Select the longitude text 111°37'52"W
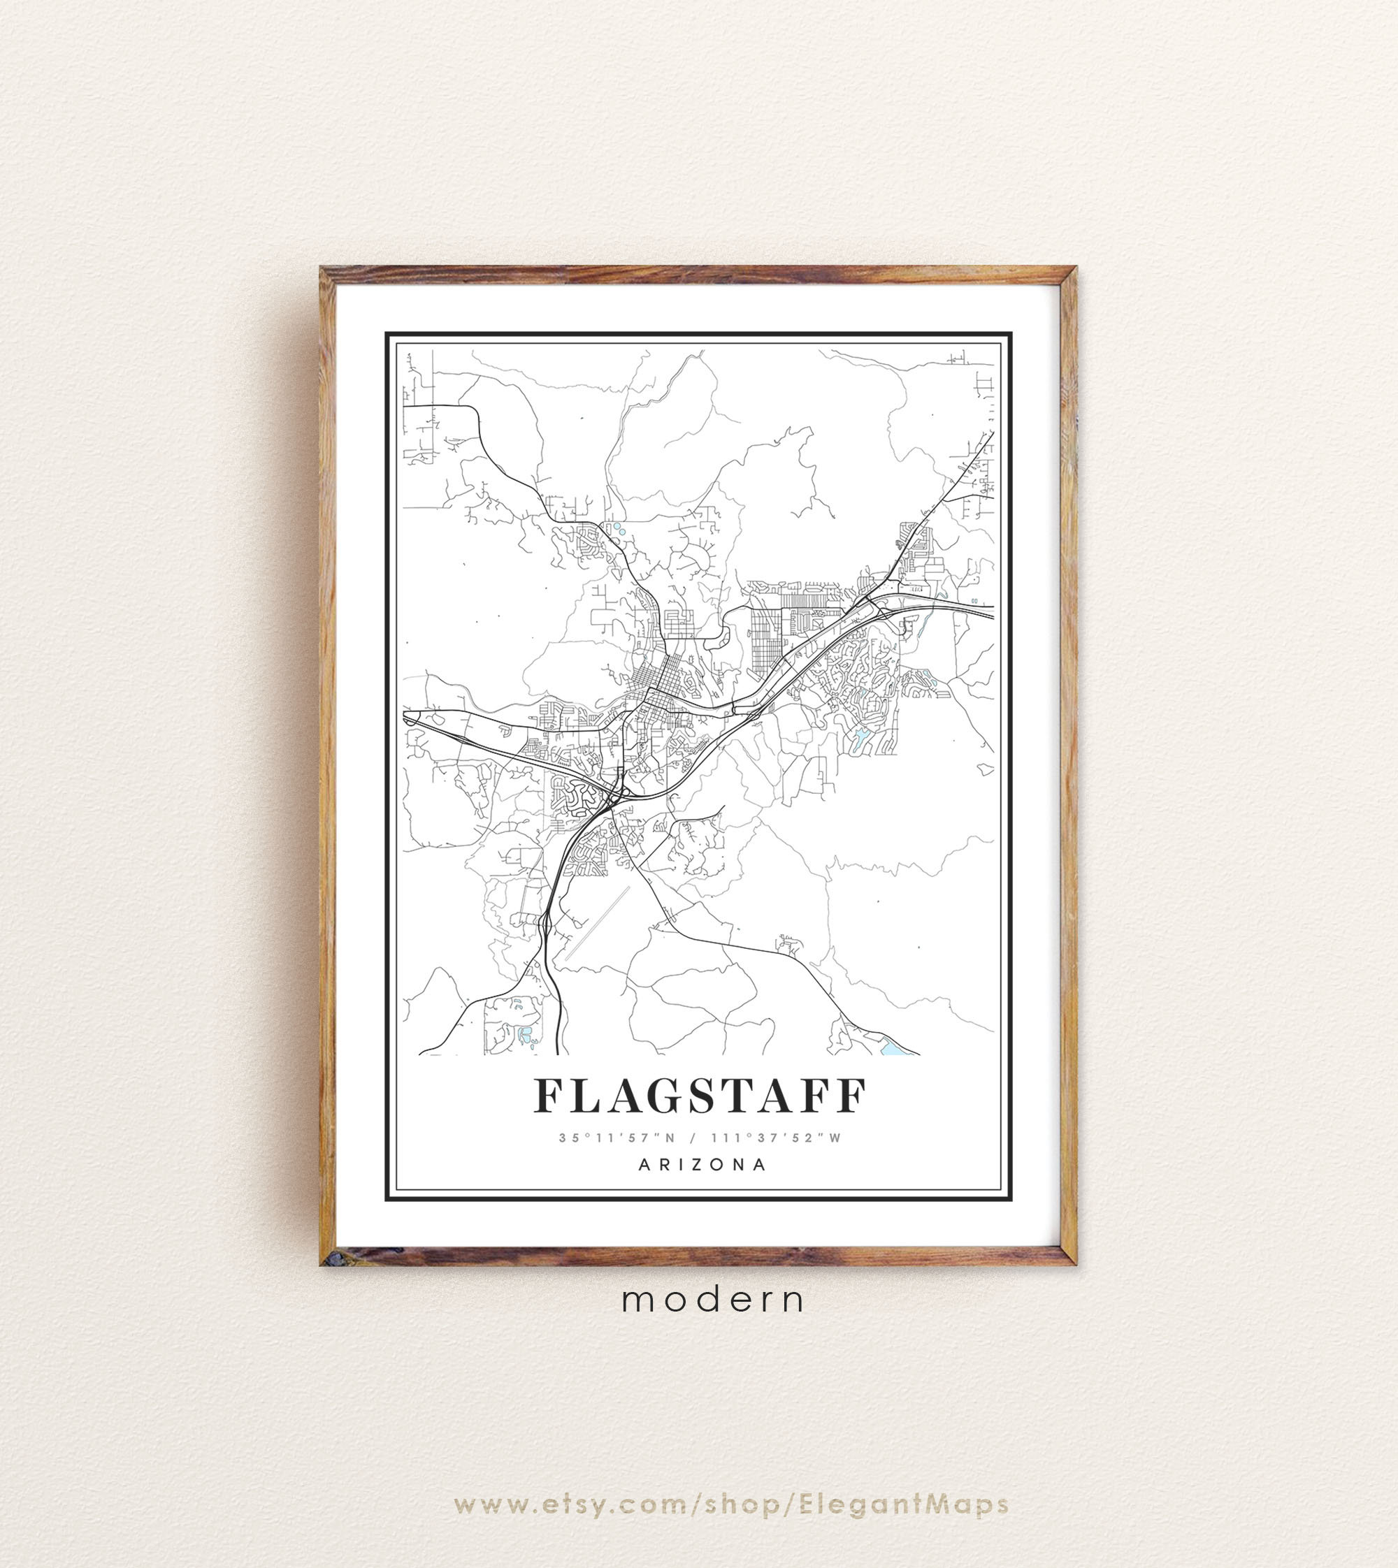777,1138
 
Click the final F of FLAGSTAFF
849,1096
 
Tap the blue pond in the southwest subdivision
526,1034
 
